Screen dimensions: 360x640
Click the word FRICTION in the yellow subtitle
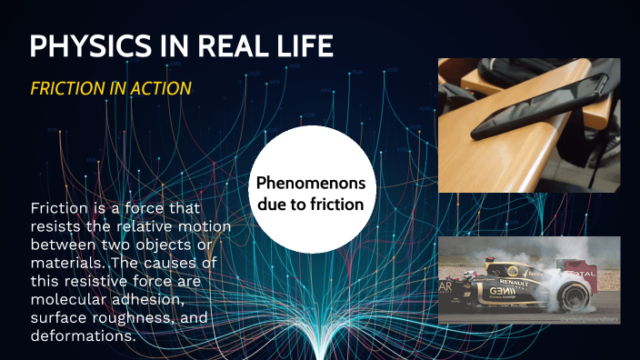point(67,87)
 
